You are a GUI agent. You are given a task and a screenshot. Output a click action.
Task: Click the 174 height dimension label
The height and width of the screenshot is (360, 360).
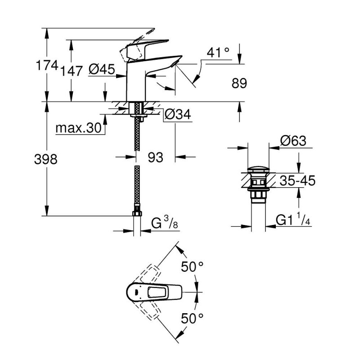46,67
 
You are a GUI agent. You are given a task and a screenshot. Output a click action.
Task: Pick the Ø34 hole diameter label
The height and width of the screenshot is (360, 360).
178,115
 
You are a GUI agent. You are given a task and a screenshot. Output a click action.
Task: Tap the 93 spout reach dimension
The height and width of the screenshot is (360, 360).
155,157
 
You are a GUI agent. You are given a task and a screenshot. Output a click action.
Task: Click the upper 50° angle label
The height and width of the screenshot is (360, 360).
193,267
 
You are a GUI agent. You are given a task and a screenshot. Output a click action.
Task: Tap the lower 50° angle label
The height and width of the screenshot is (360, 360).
193,319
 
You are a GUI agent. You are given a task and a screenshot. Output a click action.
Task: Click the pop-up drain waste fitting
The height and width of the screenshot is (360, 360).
257,184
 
